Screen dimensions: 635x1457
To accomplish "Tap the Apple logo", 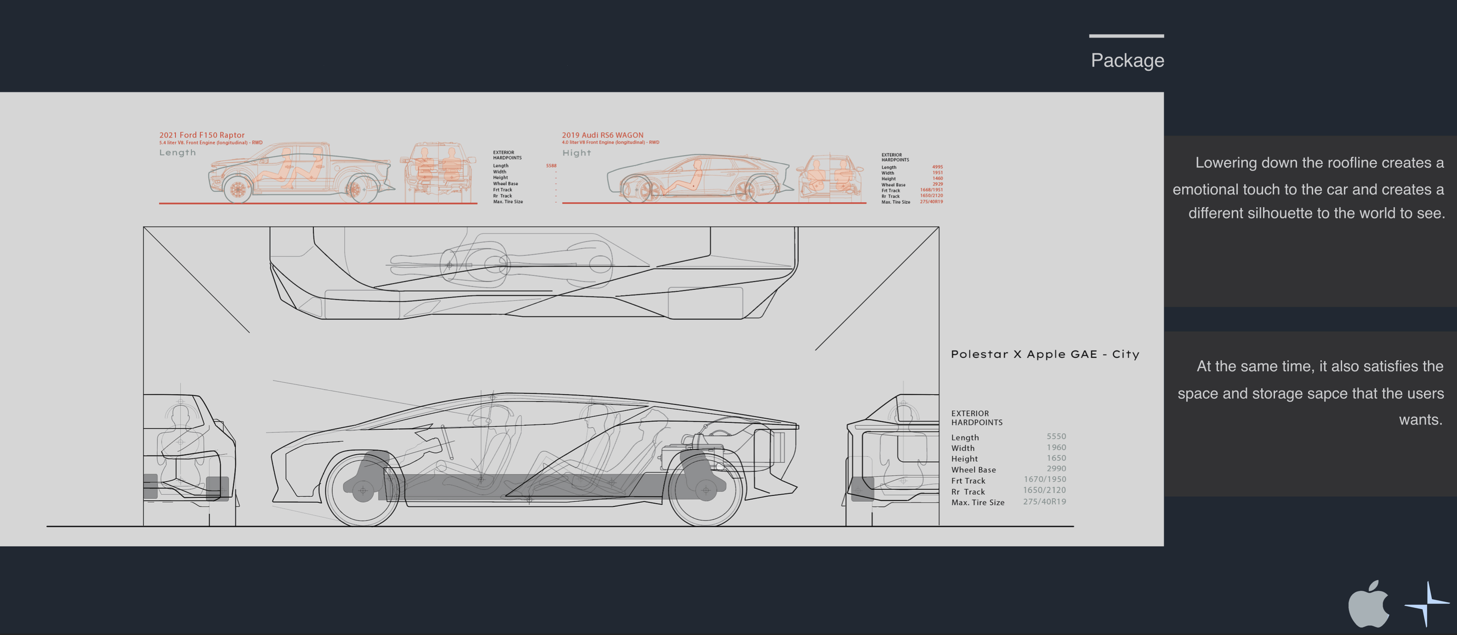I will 1368,604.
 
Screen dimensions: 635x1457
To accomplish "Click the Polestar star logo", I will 1427,604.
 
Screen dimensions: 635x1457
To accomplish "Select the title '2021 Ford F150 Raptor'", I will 202,135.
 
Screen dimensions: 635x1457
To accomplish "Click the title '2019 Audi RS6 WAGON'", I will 603,135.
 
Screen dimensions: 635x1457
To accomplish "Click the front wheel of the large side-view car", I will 363,490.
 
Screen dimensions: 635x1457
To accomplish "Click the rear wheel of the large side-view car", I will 706,490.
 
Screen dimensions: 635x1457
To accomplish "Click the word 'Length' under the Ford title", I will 177,153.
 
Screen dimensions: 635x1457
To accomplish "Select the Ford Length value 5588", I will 551,166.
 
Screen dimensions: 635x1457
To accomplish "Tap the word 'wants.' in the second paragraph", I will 1420,420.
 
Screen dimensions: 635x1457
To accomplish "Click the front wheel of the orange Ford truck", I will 238,189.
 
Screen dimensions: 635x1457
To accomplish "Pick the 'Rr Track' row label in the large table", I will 968,491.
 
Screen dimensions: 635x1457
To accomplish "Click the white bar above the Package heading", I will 1126,36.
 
